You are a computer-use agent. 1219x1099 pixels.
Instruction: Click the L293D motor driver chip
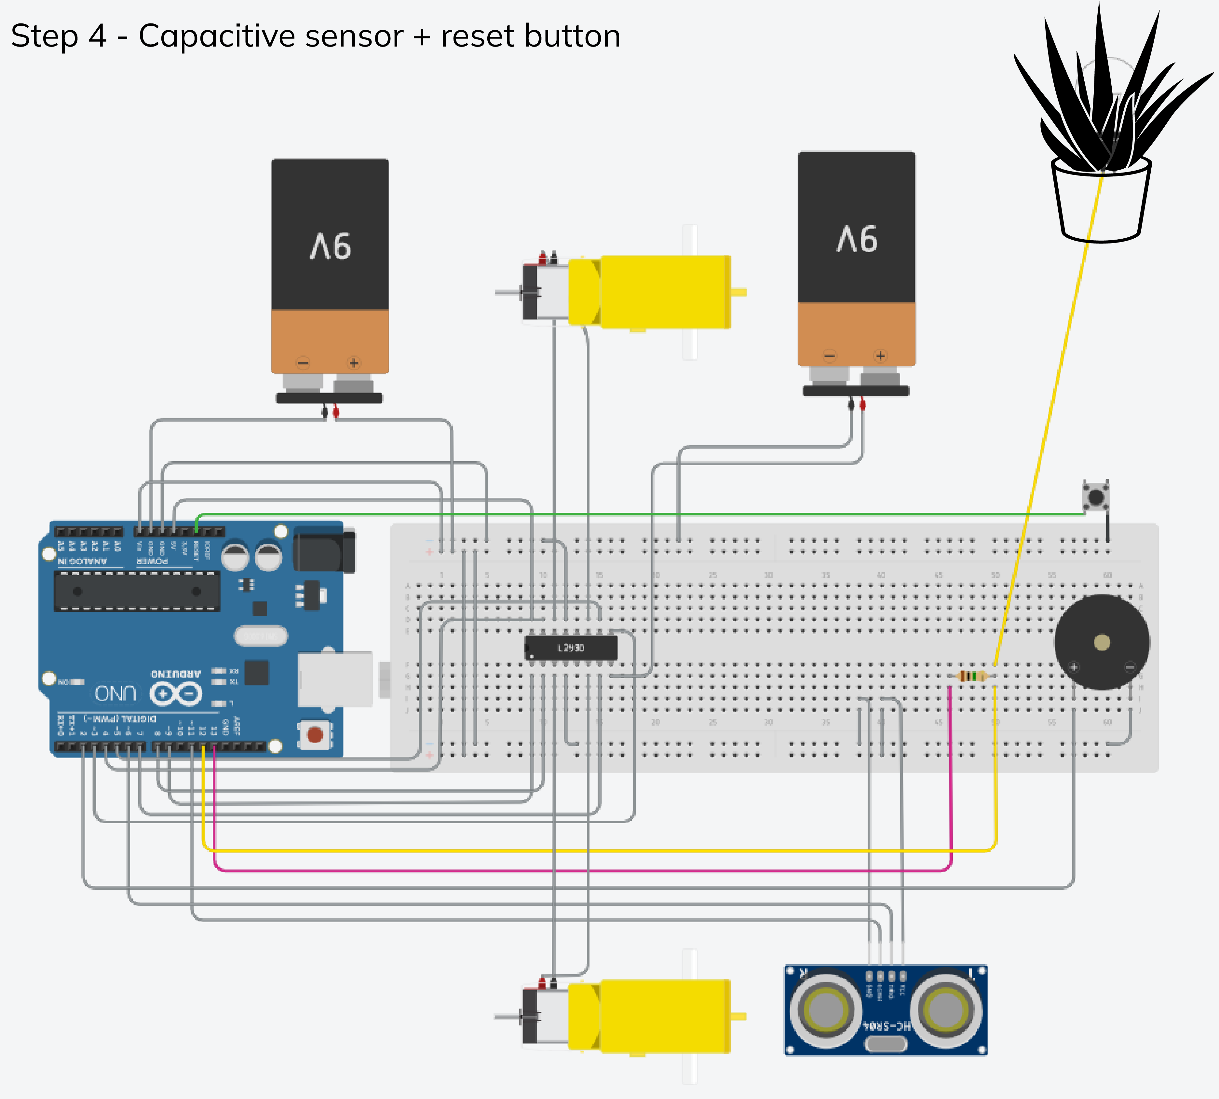tap(571, 648)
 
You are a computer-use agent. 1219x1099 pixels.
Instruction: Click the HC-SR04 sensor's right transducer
tap(946, 1009)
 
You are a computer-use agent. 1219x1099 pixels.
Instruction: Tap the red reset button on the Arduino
tap(314, 734)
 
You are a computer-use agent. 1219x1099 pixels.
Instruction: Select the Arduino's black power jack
tap(323, 549)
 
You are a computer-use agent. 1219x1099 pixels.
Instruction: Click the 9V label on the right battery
tap(857, 239)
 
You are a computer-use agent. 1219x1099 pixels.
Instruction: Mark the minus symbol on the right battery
tap(830, 356)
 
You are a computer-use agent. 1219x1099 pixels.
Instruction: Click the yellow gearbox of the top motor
tap(664, 292)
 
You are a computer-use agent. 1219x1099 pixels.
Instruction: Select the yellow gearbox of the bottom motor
tap(664, 1016)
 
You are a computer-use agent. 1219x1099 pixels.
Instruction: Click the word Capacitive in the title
tap(270, 36)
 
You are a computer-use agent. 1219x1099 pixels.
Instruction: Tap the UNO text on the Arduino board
tap(115, 693)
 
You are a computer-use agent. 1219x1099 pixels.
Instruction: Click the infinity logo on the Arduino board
tap(176, 694)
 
